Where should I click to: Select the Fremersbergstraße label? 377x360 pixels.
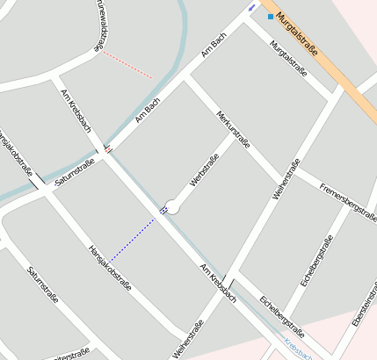349,198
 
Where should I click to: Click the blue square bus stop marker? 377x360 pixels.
271,16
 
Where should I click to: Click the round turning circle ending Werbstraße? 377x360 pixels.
173,207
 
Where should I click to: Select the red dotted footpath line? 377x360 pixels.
127,65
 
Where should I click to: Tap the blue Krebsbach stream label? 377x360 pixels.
298,349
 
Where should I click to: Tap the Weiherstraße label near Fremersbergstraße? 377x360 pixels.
286,180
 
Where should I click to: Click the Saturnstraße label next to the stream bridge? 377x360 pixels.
75,173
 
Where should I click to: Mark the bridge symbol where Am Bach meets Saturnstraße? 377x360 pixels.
107,149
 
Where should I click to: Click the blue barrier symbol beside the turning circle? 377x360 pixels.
163,210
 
